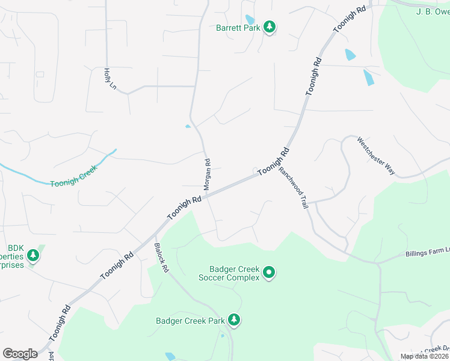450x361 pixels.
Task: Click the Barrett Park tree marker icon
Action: point(270,27)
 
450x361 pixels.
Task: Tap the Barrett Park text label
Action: point(239,28)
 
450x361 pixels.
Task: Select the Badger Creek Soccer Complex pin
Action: point(270,273)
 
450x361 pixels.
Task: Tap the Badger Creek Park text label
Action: point(190,321)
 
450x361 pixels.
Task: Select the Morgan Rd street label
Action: point(207,174)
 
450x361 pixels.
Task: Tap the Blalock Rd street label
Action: point(161,258)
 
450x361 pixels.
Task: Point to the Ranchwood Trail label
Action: point(293,187)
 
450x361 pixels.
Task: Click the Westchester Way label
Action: point(376,156)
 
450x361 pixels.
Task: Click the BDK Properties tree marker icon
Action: point(33,256)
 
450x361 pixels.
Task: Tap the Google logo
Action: point(20,354)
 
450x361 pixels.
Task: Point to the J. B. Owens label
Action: point(433,11)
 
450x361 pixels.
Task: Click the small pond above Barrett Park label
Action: point(250,20)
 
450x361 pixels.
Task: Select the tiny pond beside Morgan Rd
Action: point(188,126)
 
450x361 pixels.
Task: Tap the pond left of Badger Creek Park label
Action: point(170,356)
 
